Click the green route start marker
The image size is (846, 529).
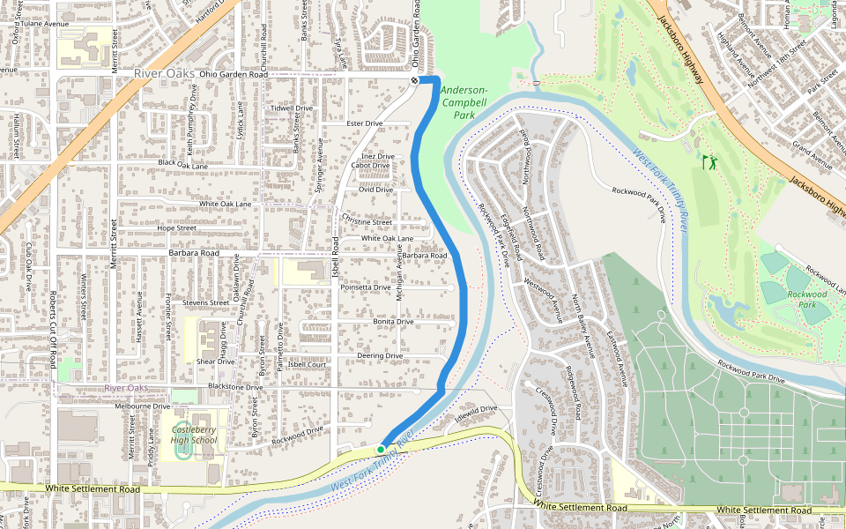381,450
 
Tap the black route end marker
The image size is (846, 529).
414,80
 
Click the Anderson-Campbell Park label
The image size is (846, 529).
464,102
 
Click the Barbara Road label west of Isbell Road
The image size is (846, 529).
193,253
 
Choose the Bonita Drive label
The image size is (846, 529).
393,322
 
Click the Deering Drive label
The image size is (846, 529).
380,356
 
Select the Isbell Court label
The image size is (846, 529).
307,364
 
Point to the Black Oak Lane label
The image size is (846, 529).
183,164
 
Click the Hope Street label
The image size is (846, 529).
176,228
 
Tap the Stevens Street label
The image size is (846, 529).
205,302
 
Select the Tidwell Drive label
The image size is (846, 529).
292,108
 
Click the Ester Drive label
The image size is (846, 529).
365,123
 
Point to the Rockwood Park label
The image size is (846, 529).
807,300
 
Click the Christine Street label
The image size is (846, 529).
367,222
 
